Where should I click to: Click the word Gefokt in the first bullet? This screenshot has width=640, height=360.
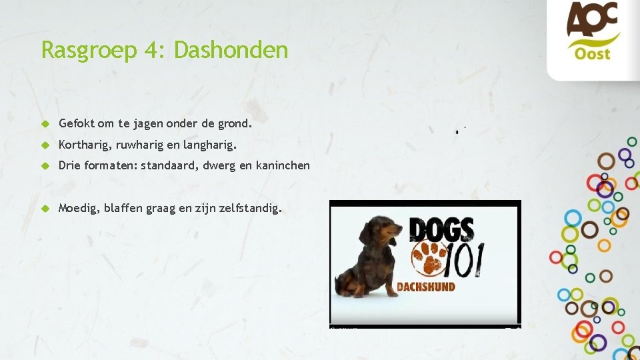tap(77, 123)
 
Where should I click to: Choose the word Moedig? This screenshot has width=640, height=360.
tap(78, 208)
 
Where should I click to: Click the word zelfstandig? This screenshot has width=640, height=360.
tap(250, 208)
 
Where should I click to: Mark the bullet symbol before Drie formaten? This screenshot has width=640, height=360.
tap(45, 166)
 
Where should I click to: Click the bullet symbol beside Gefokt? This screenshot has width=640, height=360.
tap(45, 124)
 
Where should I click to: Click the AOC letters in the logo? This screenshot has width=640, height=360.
tap(593, 20)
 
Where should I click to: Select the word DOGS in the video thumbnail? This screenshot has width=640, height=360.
tap(441, 230)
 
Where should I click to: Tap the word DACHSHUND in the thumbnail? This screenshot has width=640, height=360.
tap(426, 287)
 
